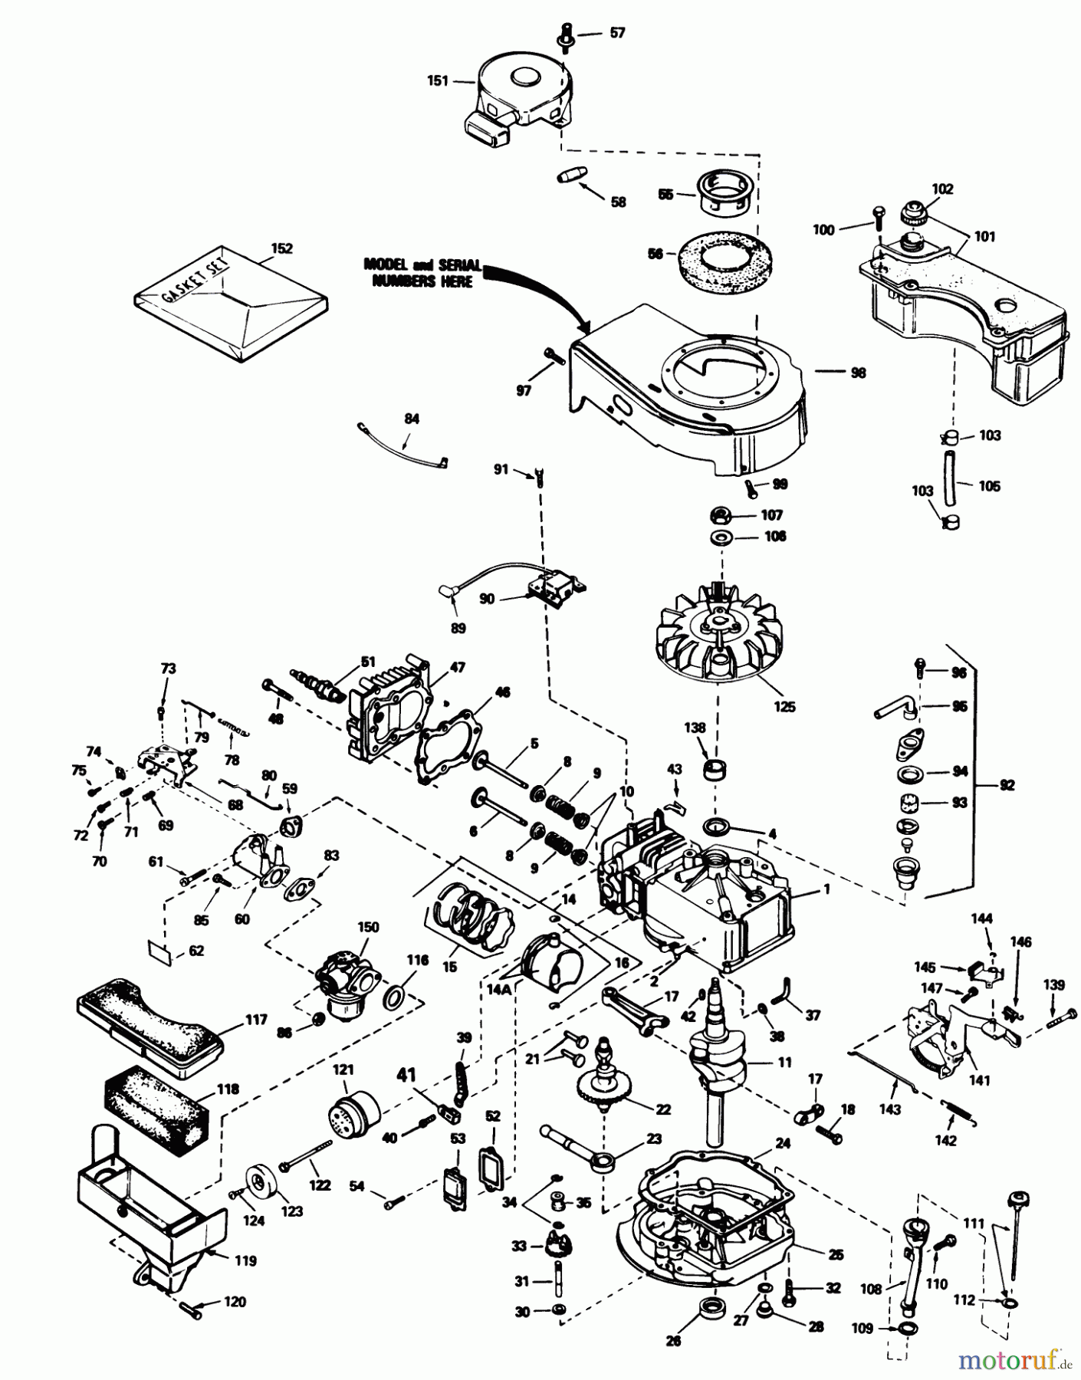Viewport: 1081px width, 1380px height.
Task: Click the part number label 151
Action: tap(438, 80)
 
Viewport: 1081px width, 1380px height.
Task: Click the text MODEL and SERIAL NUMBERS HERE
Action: tap(422, 273)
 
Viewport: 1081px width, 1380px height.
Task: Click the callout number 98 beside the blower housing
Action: tap(858, 373)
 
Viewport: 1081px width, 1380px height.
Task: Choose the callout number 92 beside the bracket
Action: tap(1007, 785)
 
